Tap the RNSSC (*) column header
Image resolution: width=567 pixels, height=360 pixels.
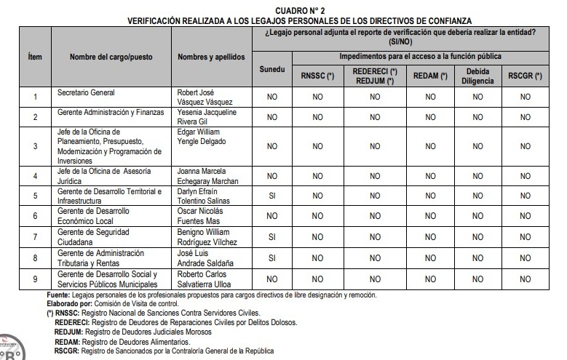coord(317,76)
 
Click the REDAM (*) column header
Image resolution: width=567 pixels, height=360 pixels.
coord(430,76)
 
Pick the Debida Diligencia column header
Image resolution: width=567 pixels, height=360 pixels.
coord(477,76)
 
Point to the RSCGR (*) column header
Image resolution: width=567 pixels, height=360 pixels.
coord(526,76)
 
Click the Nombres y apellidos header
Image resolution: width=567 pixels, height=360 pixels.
coord(212,57)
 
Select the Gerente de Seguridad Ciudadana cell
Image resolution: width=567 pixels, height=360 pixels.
coord(87,237)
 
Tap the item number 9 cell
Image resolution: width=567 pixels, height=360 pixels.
coord(35,279)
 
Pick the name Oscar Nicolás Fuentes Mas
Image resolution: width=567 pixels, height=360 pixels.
coord(202,217)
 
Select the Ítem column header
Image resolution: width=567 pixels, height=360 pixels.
coord(34,57)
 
